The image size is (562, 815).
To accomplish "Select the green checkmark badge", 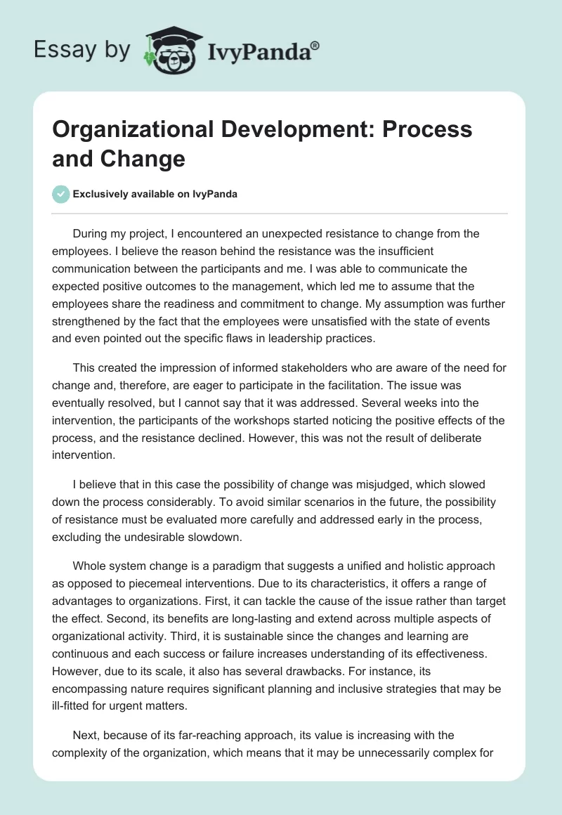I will point(60,194).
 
